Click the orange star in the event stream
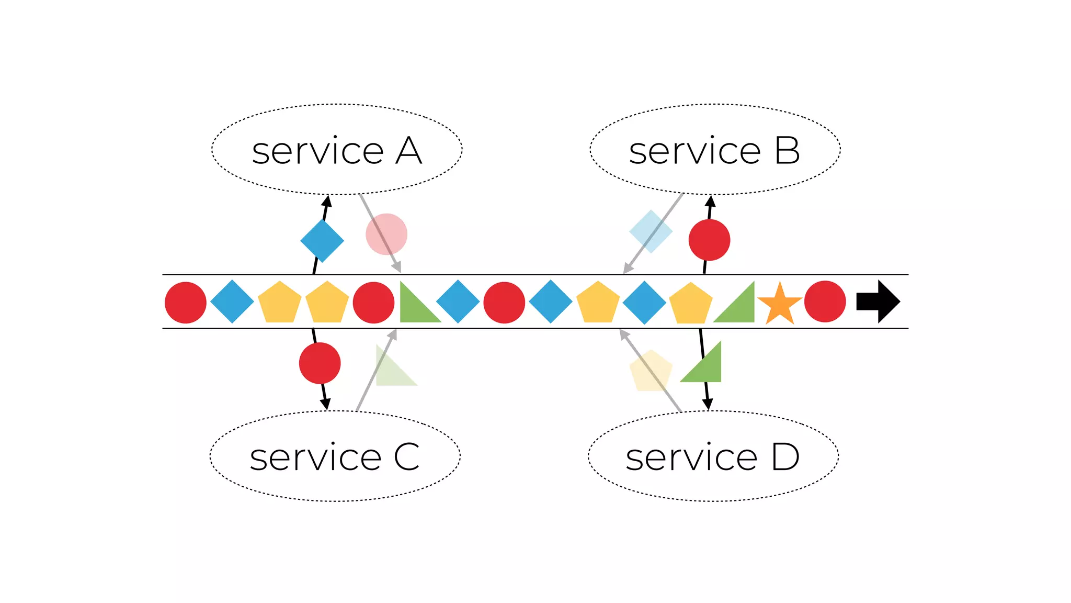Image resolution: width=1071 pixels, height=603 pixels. click(780, 304)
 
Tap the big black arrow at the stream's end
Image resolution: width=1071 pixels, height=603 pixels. click(879, 301)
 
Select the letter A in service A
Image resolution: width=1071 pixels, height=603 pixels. click(408, 151)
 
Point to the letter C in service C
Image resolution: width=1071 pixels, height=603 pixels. click(406, 457)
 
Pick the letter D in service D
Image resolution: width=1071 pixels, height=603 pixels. click(785, 457)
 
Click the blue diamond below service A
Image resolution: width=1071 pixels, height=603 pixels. click(322, 240)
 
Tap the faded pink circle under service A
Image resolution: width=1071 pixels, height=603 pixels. click(386, 234)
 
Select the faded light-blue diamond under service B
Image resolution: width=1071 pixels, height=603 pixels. click(651, 231)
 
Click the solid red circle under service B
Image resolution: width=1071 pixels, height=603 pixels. click(709, 240)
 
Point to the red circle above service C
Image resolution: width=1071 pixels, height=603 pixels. click(320, 363)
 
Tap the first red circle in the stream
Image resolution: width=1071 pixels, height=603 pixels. click(186, 303)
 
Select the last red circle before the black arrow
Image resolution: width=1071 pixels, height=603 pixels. click(825, 301)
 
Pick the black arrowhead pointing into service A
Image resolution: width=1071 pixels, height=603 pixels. click(327, 201)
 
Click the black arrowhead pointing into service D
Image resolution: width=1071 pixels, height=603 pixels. click(708, 404)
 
